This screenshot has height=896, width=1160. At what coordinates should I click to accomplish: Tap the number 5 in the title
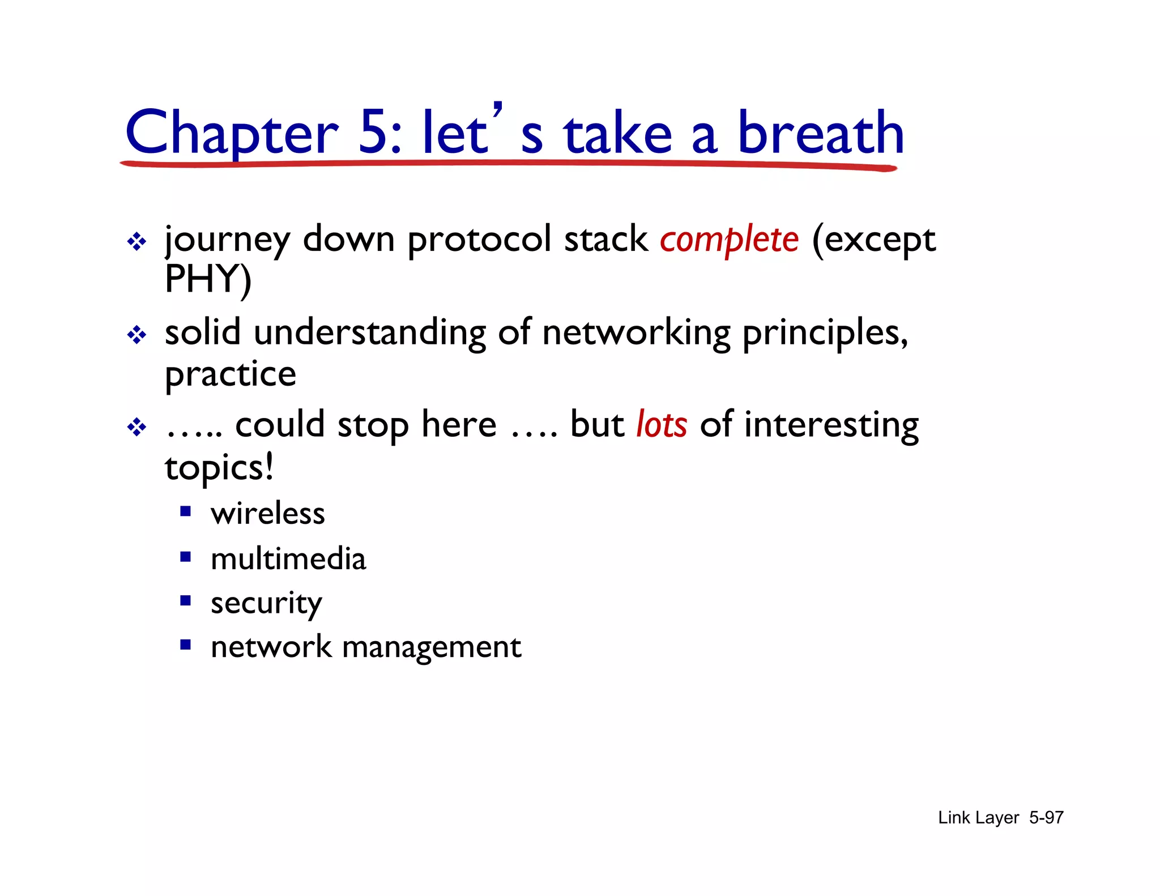(x=374, y=133)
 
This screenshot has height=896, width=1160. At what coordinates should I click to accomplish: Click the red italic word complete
(x=729, y=240)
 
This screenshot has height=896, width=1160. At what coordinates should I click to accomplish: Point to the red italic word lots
(x=662, y=425)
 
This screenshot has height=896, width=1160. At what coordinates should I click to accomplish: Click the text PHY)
(x=208, y=279)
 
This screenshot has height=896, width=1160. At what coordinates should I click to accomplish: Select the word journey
(x=227, y=240)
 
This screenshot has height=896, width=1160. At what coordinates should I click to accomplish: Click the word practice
(x=231, y=374)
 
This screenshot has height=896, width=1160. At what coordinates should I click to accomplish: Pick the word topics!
(x=219, y=467)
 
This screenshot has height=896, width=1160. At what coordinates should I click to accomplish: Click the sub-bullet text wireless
(x=268, y=514)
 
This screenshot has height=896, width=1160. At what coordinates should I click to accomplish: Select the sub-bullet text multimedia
(x=288, y=559)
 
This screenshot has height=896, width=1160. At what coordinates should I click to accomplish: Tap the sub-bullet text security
(x=266, y=603)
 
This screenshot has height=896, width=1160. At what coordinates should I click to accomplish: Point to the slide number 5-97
(x=1046, y=817)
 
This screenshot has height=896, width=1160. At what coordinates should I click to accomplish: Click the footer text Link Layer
(x=978, y=817)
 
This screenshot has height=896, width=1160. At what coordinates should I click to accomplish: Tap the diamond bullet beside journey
(x=137, y=242)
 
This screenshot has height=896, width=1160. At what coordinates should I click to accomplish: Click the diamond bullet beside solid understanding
(x=137, y=335)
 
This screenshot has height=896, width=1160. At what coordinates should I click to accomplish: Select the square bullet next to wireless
(x=185, y=511)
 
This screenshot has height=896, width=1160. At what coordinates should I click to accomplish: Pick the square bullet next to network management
(x=185, y=644)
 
